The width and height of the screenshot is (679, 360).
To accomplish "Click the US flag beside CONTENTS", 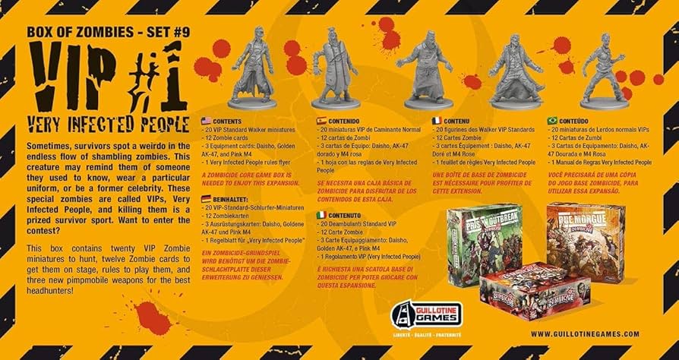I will pos(206,122).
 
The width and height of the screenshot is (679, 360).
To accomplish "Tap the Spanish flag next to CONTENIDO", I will pos(321,122).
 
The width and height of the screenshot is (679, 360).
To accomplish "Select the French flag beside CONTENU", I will pos(437,122).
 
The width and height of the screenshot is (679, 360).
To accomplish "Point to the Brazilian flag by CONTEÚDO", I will pos(552,122).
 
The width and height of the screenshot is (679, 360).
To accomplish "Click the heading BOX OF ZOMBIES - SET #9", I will pos(100,33).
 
